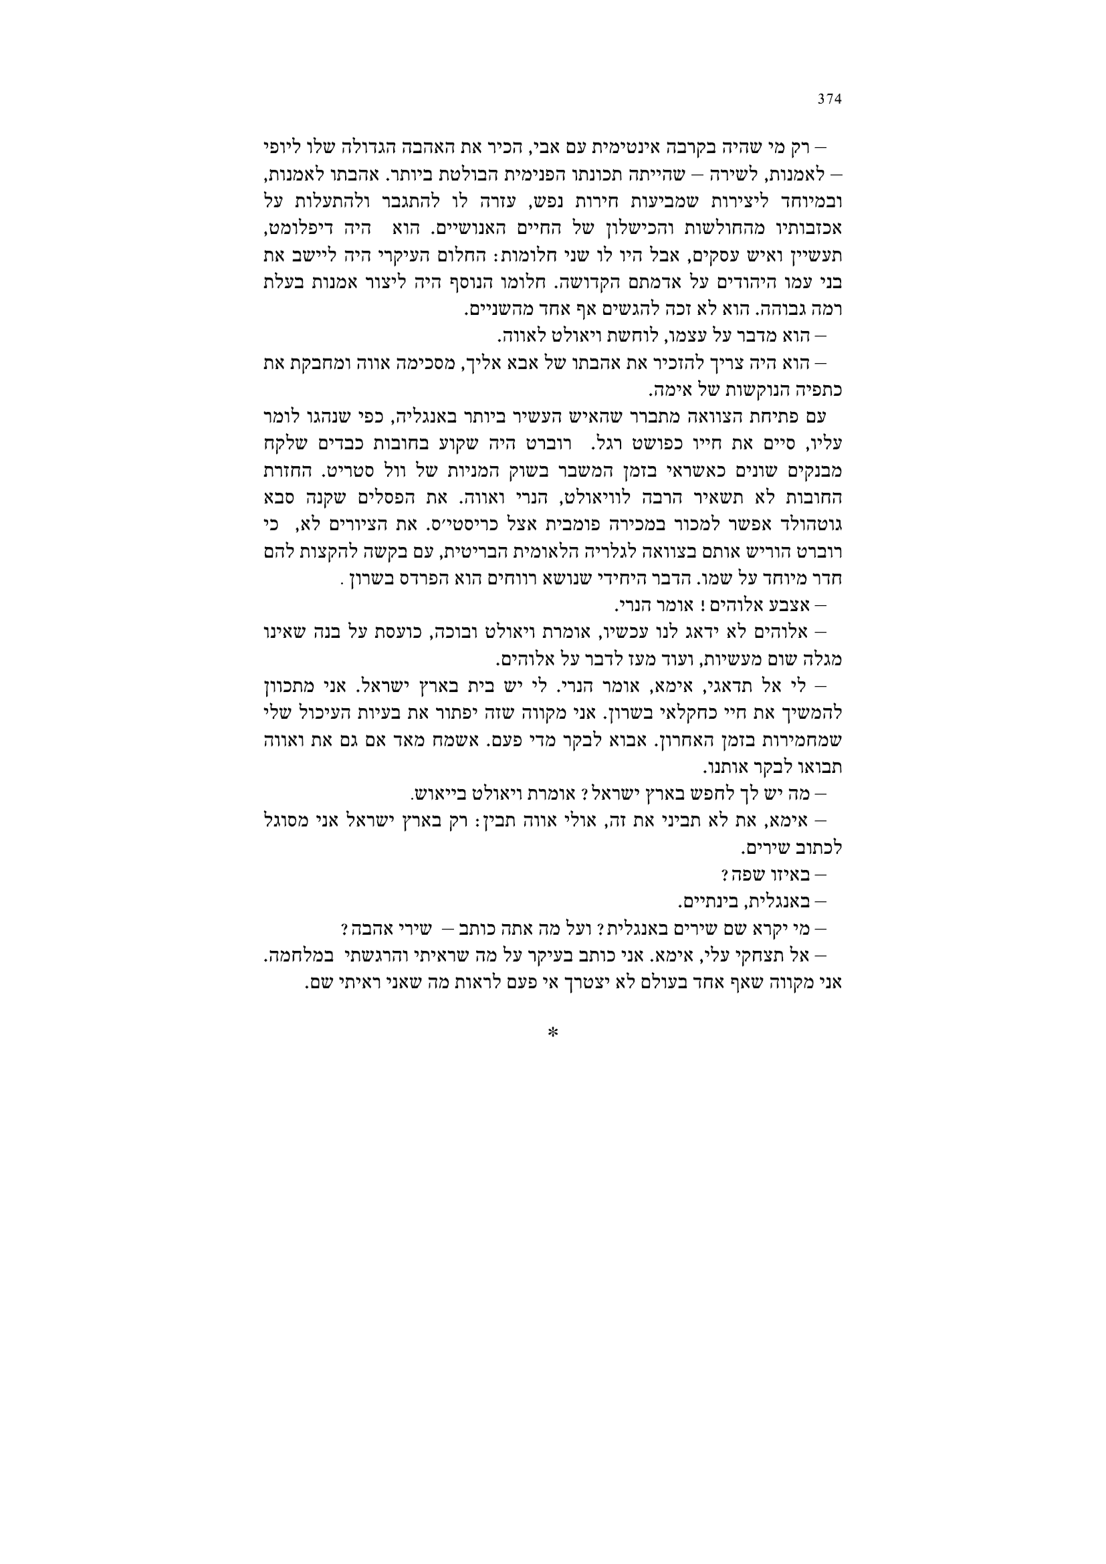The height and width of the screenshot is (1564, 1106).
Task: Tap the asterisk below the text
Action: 553,1034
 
